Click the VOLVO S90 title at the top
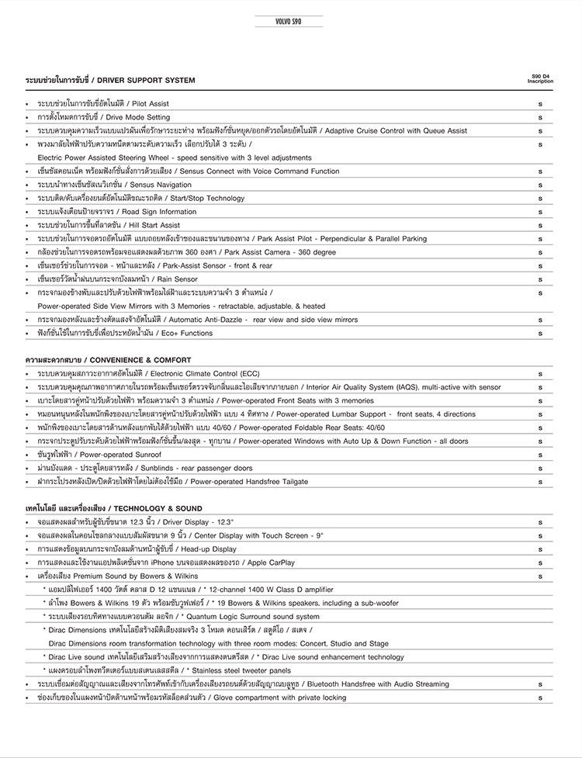tap(289, 21)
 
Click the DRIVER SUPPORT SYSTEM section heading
tap(110, 80)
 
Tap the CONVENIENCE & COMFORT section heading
tap(108, 360)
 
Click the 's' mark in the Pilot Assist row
tap(540, 103)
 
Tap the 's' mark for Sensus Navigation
tap(540, 185)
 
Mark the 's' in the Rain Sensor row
tap(540, 279)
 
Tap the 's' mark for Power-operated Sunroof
tap(540, 455)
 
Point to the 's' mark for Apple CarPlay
tap(540, 562)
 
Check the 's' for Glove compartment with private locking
tap(540, 697)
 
